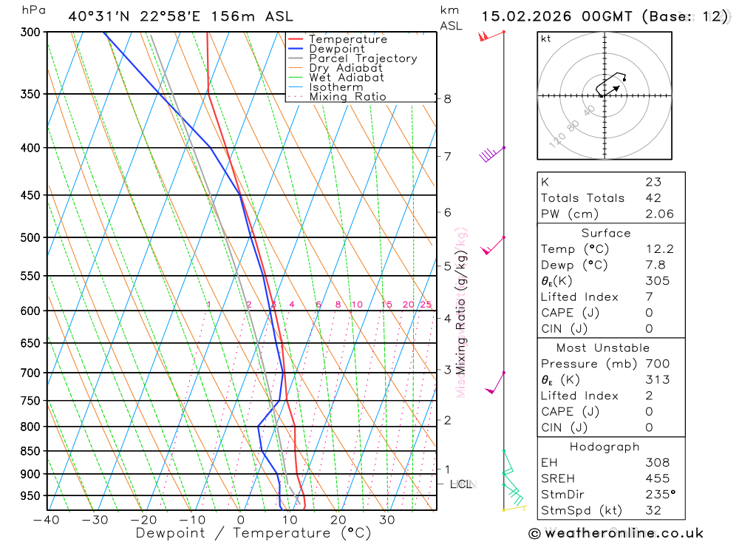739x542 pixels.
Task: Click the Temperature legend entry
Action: (x=347, y=39)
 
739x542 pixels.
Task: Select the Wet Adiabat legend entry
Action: (x=346, y=78)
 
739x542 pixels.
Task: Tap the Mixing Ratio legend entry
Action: (x=347, y=97)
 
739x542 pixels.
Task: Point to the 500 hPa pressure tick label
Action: (x=30, y=237)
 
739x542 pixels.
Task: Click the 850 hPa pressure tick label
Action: (x=30, y=451)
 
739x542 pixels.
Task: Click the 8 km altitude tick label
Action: (x=447, y=98)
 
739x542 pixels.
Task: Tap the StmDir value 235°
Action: (x=657, y=494)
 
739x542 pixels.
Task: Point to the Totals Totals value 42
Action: (x=653, y=197)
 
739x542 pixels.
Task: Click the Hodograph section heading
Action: (x=605, y=447)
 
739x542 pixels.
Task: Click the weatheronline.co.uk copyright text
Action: (x=616, y=533)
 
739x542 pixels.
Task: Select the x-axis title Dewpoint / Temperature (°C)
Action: (x=253, y=532)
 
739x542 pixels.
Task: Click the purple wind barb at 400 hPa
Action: (x=489, y=154)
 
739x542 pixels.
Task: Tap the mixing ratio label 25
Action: (x=426, y=305)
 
